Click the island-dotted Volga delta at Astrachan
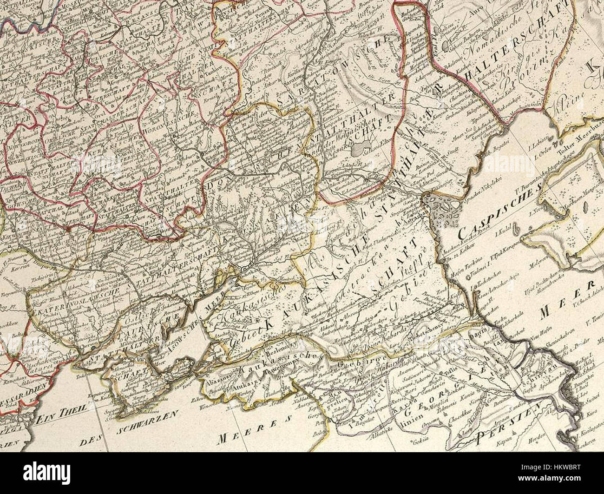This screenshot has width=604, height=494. coord(439,209)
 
